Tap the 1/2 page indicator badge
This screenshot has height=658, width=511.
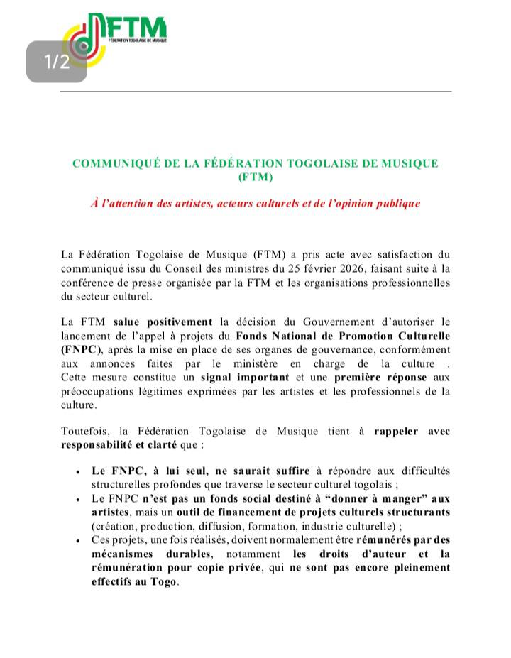point(57,62)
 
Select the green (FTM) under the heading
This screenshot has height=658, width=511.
point(255,176)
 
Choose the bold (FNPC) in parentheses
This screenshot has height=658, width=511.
point(81,349)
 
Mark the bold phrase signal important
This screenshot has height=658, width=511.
point(245,377)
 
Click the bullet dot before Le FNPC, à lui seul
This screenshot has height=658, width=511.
point(77,471)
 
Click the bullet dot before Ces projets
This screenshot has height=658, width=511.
point(77,540)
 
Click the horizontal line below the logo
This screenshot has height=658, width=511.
point(255,92)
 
